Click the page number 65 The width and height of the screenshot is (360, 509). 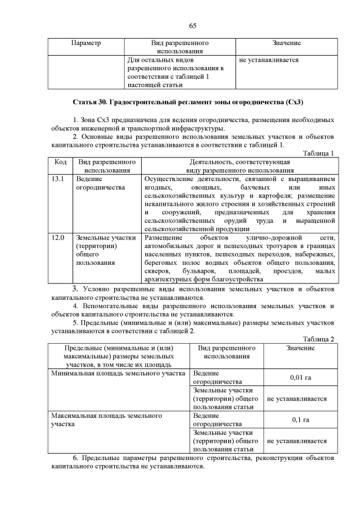click(192, 25)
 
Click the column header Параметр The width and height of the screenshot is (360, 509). click(87, 43)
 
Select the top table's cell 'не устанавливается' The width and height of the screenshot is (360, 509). click(269, 60)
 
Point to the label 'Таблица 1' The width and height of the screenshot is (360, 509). click(318, 153)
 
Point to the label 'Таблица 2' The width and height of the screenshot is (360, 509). click(318, 339)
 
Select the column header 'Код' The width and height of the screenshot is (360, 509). click(60, 162)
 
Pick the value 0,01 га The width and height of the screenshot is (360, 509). click(300, 377)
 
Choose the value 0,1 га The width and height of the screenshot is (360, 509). click(300, 420)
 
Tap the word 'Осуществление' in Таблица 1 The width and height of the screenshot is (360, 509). click(169, 179)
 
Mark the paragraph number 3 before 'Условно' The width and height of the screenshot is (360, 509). click(74, 289)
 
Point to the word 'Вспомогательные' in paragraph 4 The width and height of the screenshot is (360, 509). click(110, 306)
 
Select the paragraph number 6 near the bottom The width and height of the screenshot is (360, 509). click(75, 458)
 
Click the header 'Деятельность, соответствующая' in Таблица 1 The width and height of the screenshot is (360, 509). click(240, 162)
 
